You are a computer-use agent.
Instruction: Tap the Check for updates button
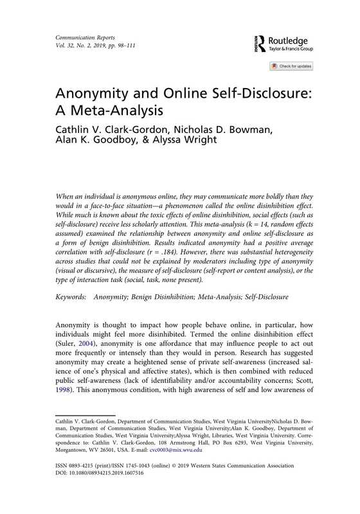pos(292,66)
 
